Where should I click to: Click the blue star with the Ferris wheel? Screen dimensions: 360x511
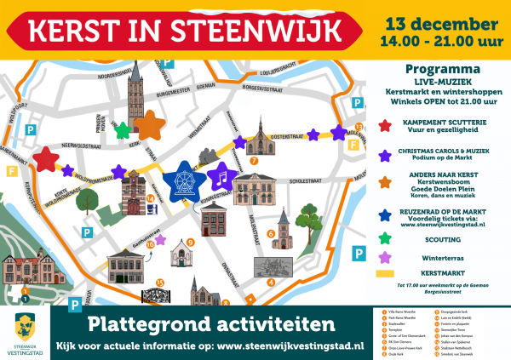pos(181,178)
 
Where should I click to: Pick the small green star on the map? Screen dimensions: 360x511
pos(123,129)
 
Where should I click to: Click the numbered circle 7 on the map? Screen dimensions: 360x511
pos(254,159)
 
